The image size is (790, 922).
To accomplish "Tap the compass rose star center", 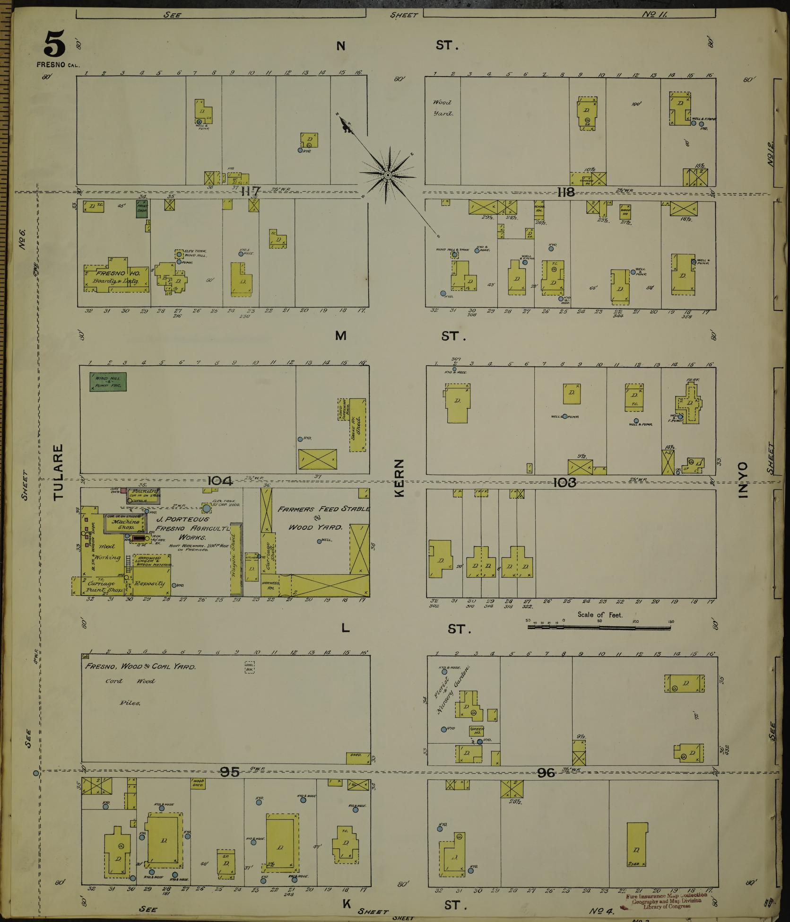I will (x=388, y=176).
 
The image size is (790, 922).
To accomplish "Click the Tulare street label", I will (x=58, y=472).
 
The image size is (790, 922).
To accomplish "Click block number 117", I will (x=251, y=192).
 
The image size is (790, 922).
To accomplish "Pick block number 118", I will (x=566, y=192).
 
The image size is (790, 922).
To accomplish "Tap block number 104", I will (x=220, y=481).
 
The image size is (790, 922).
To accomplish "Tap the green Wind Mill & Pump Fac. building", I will (x=108, y=382).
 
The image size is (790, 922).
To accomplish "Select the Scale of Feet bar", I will (x=599, y=628).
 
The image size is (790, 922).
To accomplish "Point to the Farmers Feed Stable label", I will (x=323, y=509).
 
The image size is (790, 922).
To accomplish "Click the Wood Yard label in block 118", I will (x=442, y=108).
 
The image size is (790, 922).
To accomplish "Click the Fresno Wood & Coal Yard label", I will (x=140, y=667).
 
